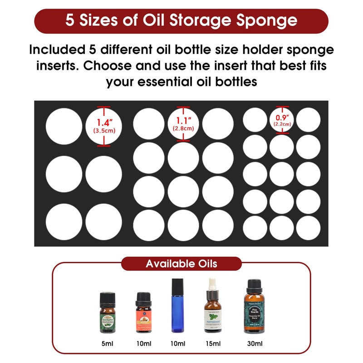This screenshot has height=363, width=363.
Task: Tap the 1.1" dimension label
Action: [x=183, y=121]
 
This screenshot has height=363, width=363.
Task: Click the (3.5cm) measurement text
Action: [x=103, y=131]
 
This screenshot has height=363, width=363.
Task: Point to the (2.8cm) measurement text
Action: [x=183, y=128]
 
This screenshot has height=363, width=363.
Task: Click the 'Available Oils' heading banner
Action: [x=181, y=264]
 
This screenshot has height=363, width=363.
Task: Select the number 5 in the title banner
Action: [x=69, y=21]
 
